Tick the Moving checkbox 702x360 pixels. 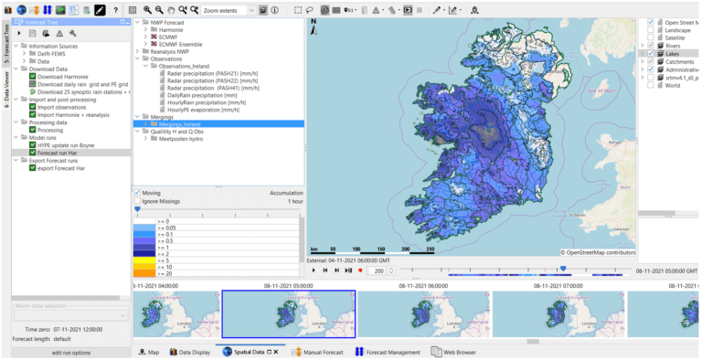(138, 193)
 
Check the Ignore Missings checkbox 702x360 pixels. (138, 201)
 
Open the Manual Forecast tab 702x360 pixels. (321, 352)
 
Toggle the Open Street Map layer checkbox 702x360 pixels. (651, 22)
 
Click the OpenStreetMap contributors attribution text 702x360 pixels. (598, 251)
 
